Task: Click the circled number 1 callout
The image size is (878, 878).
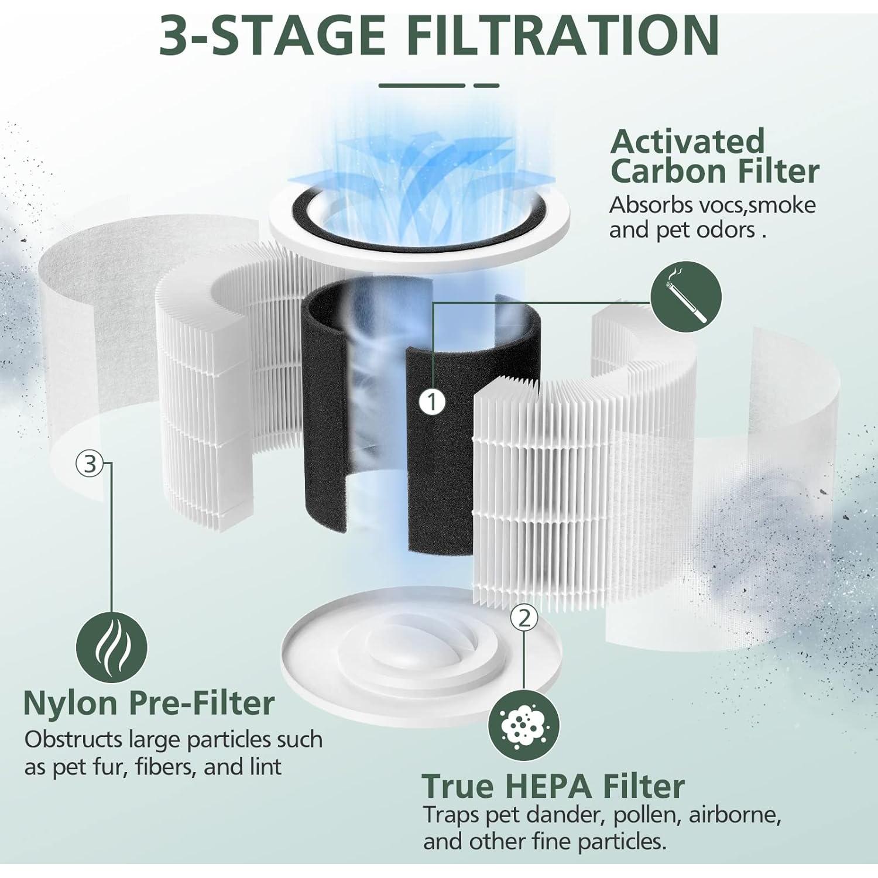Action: (432, 402)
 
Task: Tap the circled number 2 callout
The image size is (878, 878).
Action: (524, 617)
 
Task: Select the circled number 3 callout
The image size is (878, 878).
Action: (90, 464)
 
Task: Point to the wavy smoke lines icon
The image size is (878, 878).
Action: (111, 647)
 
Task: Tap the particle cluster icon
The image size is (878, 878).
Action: (523, 726)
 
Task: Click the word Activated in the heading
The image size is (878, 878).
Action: (687, 142)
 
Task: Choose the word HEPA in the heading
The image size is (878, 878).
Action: (549, 786)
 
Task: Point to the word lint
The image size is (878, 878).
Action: (266, 767)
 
